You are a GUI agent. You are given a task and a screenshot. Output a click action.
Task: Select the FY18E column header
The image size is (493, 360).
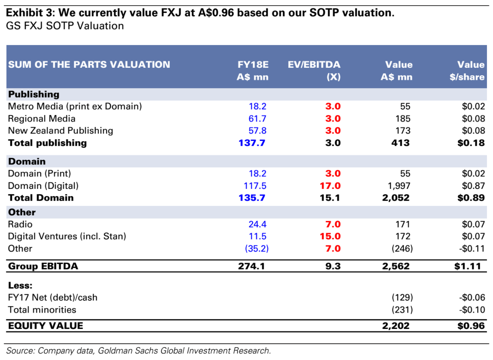[252, 70]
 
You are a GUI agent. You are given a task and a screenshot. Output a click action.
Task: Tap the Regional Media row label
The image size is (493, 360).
[42, 118]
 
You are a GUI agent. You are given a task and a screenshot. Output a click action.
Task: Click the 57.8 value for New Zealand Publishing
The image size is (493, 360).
[257, 131]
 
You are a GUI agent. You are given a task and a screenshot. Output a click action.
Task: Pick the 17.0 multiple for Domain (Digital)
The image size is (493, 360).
[330, 186]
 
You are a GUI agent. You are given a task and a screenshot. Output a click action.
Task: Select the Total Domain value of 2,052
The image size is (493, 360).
[395, 198]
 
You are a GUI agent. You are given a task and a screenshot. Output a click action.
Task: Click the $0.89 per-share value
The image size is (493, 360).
[471, 198]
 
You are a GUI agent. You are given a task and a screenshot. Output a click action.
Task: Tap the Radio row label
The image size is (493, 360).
[20, 224]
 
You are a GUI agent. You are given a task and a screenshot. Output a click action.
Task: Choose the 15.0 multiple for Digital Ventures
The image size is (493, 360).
[330, 236]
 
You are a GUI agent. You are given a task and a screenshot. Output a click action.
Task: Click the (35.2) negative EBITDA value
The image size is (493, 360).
[257, 249]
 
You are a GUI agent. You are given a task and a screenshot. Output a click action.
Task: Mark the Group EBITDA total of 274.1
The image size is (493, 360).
[251, 266]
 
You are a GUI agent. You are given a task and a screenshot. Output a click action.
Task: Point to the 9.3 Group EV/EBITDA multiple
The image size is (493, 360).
[333, 266]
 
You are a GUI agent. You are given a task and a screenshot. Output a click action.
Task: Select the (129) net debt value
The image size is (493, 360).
[402, 298]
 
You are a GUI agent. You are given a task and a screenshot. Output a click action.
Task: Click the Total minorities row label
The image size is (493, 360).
[42, 310]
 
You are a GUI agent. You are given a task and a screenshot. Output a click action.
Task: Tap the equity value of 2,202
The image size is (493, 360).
[395, 326]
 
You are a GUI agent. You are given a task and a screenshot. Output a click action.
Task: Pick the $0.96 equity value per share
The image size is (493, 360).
[471, 326]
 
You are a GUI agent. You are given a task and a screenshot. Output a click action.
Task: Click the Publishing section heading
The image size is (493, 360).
[34, 94]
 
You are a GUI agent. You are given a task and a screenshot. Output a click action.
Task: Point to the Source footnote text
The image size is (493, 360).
[138, 351]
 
